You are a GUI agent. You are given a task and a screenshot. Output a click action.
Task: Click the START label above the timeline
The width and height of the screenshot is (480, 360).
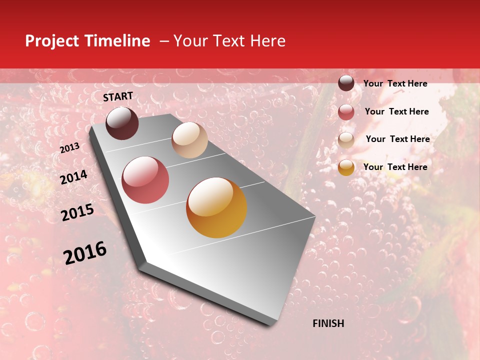pyautogui.click(x=118, y=96)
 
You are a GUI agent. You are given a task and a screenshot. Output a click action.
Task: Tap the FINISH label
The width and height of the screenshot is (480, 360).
pyautogui.click(x=328, y=323)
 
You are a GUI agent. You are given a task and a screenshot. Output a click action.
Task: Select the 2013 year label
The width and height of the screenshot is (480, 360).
pyautogui.click(x=69, y=148)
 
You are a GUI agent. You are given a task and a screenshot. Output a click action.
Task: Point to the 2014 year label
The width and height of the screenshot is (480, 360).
pyautogui.click(x=73, y=177)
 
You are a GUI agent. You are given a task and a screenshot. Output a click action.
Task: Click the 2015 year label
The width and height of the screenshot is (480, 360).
pyautogui.click(x=77, y=212)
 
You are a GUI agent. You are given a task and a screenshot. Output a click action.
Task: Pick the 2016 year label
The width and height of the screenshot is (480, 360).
pyautogui.click(x=85, y=253)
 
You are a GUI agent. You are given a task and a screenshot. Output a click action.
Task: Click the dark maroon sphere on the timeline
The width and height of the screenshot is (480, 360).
pyautogui.click(x=122, y=123)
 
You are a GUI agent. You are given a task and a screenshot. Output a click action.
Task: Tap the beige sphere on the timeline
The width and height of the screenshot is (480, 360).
pyautogui.click(x=189, y=140)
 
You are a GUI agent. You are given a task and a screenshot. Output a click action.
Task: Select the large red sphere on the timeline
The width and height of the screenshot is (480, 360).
pyautogui.click(x=145, y=180)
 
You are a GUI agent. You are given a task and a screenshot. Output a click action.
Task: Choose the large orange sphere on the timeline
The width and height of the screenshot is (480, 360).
pyautogui.click(x=216, y=207)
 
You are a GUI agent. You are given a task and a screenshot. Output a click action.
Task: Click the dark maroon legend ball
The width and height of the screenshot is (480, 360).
pyautogui.click(x=346, y=83)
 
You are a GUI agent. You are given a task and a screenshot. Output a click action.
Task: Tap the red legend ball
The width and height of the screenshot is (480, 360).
pyautogui.click(x=346, y=112)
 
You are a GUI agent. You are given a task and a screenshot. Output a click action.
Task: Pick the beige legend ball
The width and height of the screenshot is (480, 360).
pyautogui.click(x=346, y=140)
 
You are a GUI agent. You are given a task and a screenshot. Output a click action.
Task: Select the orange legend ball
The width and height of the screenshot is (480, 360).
pyautogui.click(x=346, y=167)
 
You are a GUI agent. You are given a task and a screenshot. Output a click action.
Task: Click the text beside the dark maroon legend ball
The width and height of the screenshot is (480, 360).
pyautogui.click(x=395, y=83)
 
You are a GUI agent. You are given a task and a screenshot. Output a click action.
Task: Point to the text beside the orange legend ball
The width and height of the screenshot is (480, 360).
pyautogui.click(x=395, y=167)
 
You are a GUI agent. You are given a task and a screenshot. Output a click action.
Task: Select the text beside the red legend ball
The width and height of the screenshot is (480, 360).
pyautogui.click(x=396, y=111)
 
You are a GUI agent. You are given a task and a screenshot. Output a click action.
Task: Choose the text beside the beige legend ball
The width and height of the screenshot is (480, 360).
pyautogui.click(x=397, y=139)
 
